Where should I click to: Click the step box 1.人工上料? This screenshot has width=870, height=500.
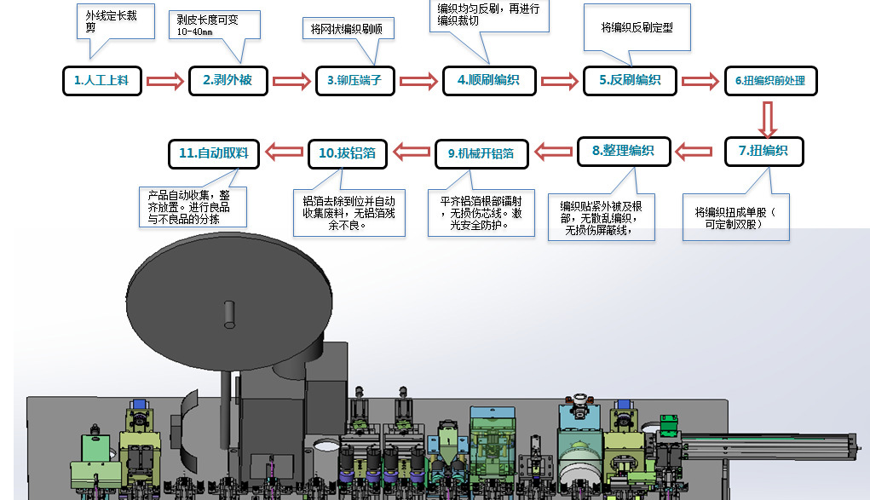coord(101,81)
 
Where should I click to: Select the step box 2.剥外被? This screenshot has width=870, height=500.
coord(228,81)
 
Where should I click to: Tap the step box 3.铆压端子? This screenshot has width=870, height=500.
coord(354,81)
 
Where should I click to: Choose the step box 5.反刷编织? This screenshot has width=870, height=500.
coord(629,81)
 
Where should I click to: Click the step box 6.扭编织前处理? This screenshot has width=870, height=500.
coord(770,81)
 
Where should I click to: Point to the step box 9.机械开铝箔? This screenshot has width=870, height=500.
coord(481,153)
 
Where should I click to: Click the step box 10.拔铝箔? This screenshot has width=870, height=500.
coord(348,153)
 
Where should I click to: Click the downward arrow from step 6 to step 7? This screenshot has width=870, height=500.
coord(768,120)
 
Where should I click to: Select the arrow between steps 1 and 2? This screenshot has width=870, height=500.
coord(165,82)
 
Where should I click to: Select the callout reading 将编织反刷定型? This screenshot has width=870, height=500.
coord(637,27)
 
